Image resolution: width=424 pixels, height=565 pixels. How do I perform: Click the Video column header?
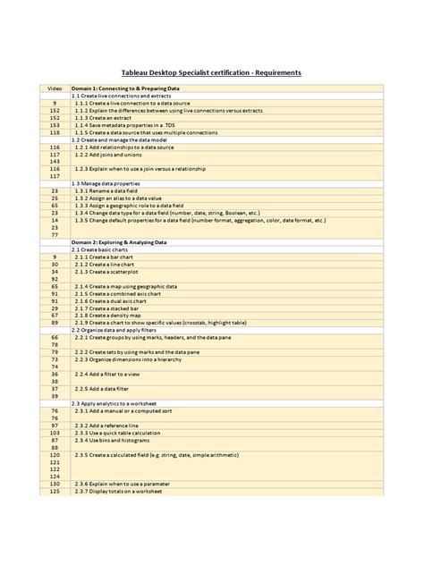pos(55,89)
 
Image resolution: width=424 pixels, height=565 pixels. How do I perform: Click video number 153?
pos(55,125)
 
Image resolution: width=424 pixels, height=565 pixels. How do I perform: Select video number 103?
pos(55,433)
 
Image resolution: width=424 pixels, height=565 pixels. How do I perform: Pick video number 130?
pos(55,484)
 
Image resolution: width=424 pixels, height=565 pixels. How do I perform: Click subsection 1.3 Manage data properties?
pos(115,183)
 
